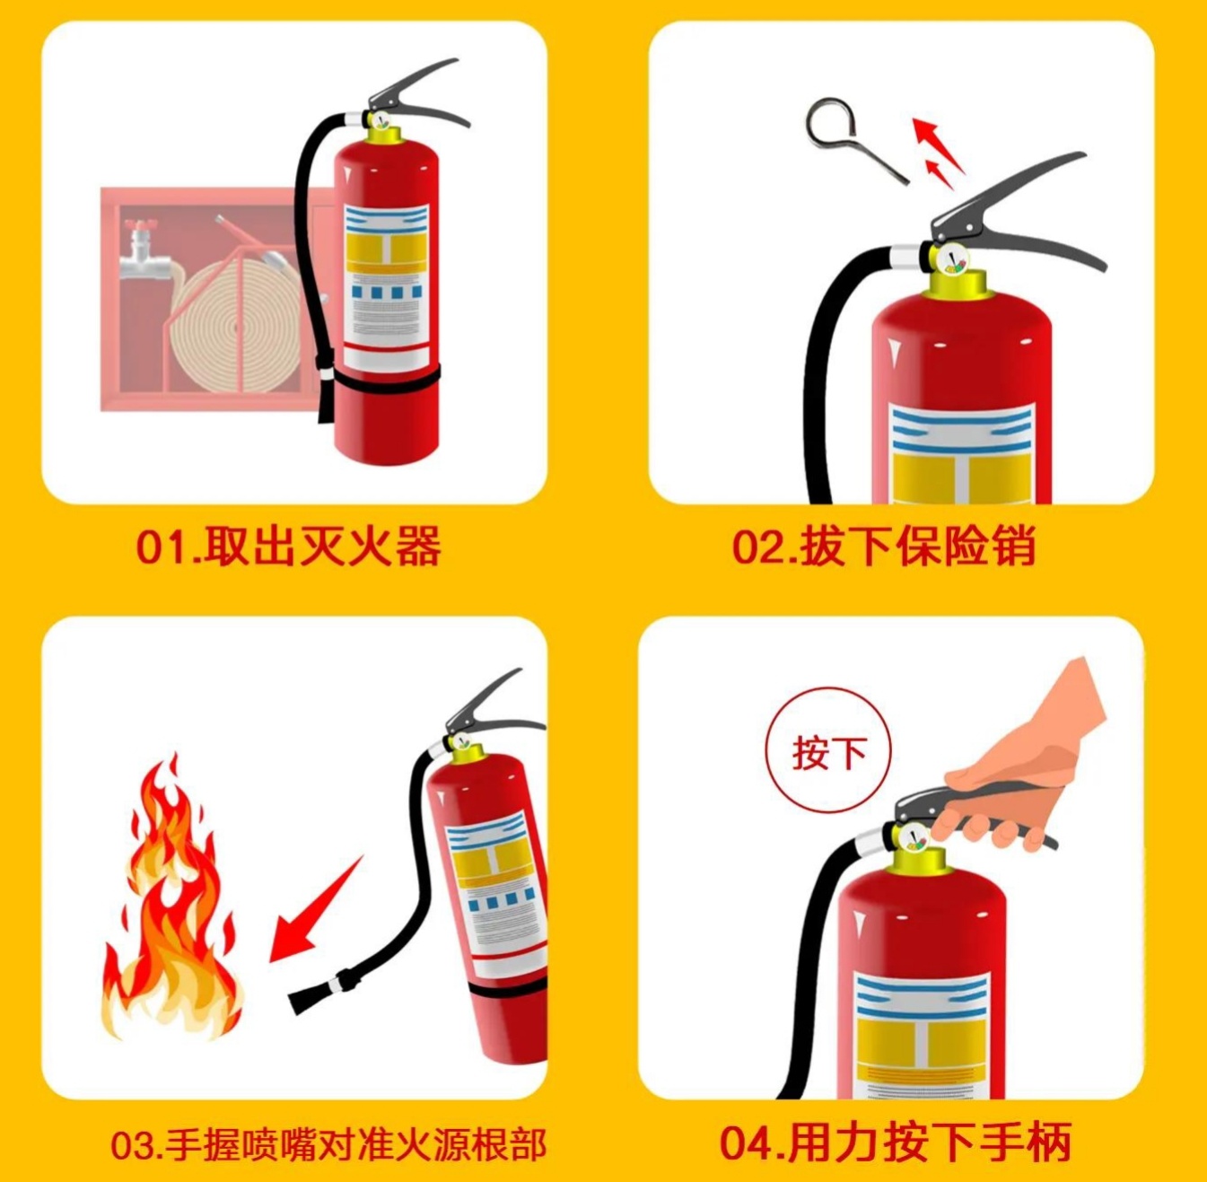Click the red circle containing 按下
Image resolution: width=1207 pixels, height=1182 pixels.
tap(828, 753)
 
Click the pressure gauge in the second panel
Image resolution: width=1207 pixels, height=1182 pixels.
tap(952, 260)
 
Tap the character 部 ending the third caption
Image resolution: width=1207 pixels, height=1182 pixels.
tap(525, 1145)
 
